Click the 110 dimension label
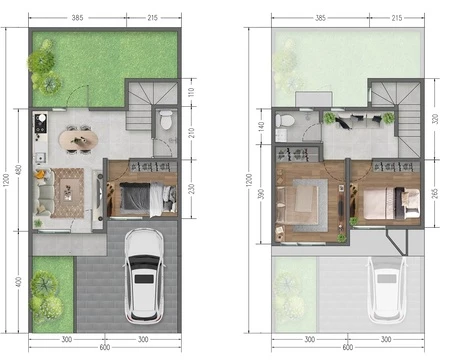tap(191, 92)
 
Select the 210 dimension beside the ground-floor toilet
tap(191, 133)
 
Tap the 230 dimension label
tap(191, 189)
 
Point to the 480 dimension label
tap(19, 170)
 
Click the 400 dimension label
tap(19, 282)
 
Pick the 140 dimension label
tap(261, 126)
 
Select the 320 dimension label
tap(435, 119)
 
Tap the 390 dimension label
tap(261, 194)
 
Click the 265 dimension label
tap(435, 193)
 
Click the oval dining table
tap(78, 140)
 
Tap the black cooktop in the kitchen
tap(41, 122)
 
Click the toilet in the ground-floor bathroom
tap(166, 120)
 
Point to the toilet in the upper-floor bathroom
tap(285, 120)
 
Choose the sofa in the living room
tap(44, 193)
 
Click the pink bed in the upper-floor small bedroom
tap(391, 203)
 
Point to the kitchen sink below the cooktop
tap(40, 157)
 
